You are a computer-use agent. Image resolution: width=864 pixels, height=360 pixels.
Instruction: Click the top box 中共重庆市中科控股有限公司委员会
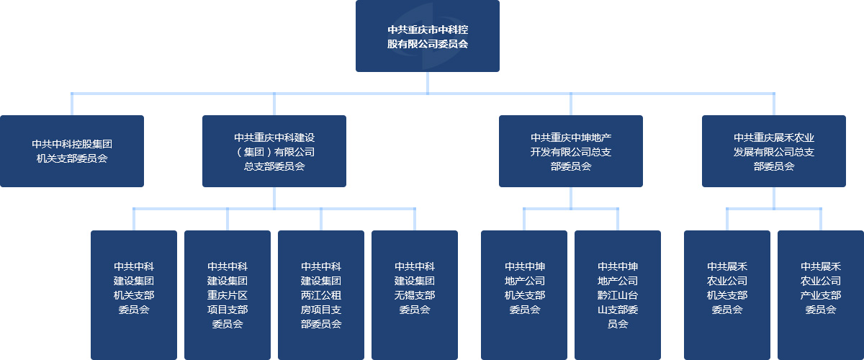(428, 36)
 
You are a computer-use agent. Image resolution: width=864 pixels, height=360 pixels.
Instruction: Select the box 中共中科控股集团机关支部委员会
(72, 151)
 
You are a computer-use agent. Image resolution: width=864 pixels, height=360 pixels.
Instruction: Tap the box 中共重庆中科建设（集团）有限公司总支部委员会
(274, 151)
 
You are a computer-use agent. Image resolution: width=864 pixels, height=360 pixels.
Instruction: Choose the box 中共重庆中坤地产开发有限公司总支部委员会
(571, 151)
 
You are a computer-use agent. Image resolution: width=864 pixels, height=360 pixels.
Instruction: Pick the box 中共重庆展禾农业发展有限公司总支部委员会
(774, 151)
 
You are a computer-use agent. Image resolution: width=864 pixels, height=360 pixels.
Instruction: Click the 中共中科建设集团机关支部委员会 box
(134, 295)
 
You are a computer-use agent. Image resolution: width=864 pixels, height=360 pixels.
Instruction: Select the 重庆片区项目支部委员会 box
(228, 295)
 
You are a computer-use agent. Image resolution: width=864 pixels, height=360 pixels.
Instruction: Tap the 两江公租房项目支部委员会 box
(321, 295)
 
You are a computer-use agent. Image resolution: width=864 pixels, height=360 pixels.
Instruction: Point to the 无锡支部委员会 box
(415, 295)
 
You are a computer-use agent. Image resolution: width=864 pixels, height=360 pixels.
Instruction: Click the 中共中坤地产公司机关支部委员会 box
(524, 295)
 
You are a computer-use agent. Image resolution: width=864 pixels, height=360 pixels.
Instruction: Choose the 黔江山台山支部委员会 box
(618, 295)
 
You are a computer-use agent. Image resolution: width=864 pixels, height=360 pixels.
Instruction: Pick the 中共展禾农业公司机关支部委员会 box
(727, 295)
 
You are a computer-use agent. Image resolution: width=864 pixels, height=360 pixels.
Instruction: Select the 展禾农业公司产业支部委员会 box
(821, 295)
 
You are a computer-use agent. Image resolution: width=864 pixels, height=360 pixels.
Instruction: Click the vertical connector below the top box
(428, 82)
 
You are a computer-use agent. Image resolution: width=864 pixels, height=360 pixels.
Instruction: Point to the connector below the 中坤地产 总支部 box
(571, 198)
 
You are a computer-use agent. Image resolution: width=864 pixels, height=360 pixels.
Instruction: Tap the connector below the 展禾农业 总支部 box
(774, 198)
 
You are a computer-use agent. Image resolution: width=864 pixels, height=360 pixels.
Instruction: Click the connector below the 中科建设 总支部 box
(274, 198)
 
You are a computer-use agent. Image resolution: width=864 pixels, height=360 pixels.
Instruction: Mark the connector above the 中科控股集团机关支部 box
(72, 104)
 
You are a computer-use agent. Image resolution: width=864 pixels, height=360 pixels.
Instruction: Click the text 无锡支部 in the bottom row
(415, 295)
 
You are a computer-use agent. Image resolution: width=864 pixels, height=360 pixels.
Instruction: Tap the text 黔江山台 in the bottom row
(618, 295)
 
